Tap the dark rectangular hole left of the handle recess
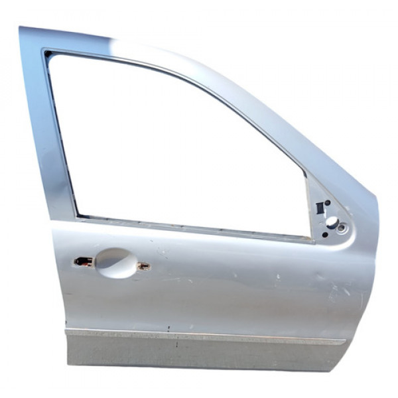[x=82, y=261]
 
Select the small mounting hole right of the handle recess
[x=143, y=266]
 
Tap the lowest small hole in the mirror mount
[x=324, y=234]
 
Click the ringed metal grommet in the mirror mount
[x=341, y=228]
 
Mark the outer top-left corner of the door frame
[x=21, y=28]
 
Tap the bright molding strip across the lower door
[x=199, y=336]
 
